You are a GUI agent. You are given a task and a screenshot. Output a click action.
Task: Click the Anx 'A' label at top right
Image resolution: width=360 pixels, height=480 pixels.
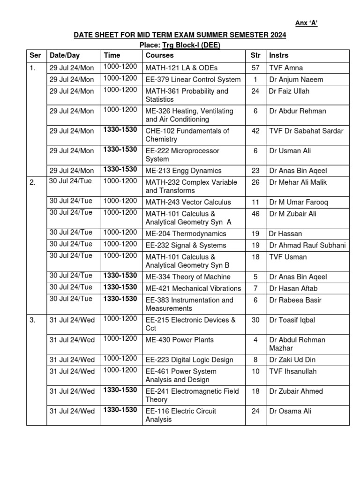(306, 24)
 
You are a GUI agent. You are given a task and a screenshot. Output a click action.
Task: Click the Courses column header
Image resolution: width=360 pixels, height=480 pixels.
(160, 56)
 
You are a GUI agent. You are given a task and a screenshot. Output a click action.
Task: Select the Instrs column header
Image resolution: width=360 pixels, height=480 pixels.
(279, 56)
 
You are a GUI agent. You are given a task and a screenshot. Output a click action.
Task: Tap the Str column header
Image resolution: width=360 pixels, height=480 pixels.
(255, 56)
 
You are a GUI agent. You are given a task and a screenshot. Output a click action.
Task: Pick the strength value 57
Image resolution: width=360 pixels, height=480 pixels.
(255, 68)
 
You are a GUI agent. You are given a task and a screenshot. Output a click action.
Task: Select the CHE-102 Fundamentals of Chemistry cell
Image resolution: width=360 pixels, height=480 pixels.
(187, 135)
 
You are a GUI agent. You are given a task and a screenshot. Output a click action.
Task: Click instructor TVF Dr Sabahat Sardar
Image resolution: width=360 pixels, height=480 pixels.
(306, 131)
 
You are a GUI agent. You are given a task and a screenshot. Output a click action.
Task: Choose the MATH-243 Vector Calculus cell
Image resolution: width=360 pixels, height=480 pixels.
(188, 202)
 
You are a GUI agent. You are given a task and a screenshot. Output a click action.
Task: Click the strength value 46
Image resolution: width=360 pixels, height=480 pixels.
(255, 214)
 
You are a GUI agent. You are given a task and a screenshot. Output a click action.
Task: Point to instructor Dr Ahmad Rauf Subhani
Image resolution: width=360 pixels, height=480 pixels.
(307, 245)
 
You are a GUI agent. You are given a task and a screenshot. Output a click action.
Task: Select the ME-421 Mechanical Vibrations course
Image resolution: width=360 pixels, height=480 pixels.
(193, 288)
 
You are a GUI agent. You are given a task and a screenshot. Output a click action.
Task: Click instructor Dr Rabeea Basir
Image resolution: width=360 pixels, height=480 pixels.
(295, 300)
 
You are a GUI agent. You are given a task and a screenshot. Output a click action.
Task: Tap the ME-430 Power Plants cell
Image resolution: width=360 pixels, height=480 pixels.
(180, 340)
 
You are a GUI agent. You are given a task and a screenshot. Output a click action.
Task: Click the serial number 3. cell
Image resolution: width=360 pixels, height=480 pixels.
(33, 321)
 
